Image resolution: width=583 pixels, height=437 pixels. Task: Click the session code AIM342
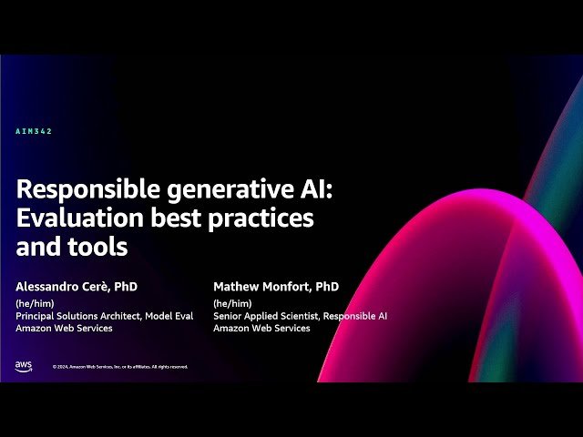(35, 132)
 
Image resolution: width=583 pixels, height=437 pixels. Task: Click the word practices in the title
(269, 218)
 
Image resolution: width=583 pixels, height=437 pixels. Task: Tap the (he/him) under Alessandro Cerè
(33, 302)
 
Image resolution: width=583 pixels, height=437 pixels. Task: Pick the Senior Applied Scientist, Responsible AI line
(300, 315)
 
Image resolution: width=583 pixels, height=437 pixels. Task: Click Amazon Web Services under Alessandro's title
(64, 328)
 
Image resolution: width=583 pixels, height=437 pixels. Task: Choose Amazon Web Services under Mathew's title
(261, 328)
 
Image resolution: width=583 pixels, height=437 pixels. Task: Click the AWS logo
(24, 365)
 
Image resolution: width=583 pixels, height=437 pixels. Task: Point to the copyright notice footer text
(120, 367)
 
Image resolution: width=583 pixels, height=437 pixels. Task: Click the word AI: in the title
(294, 188)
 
